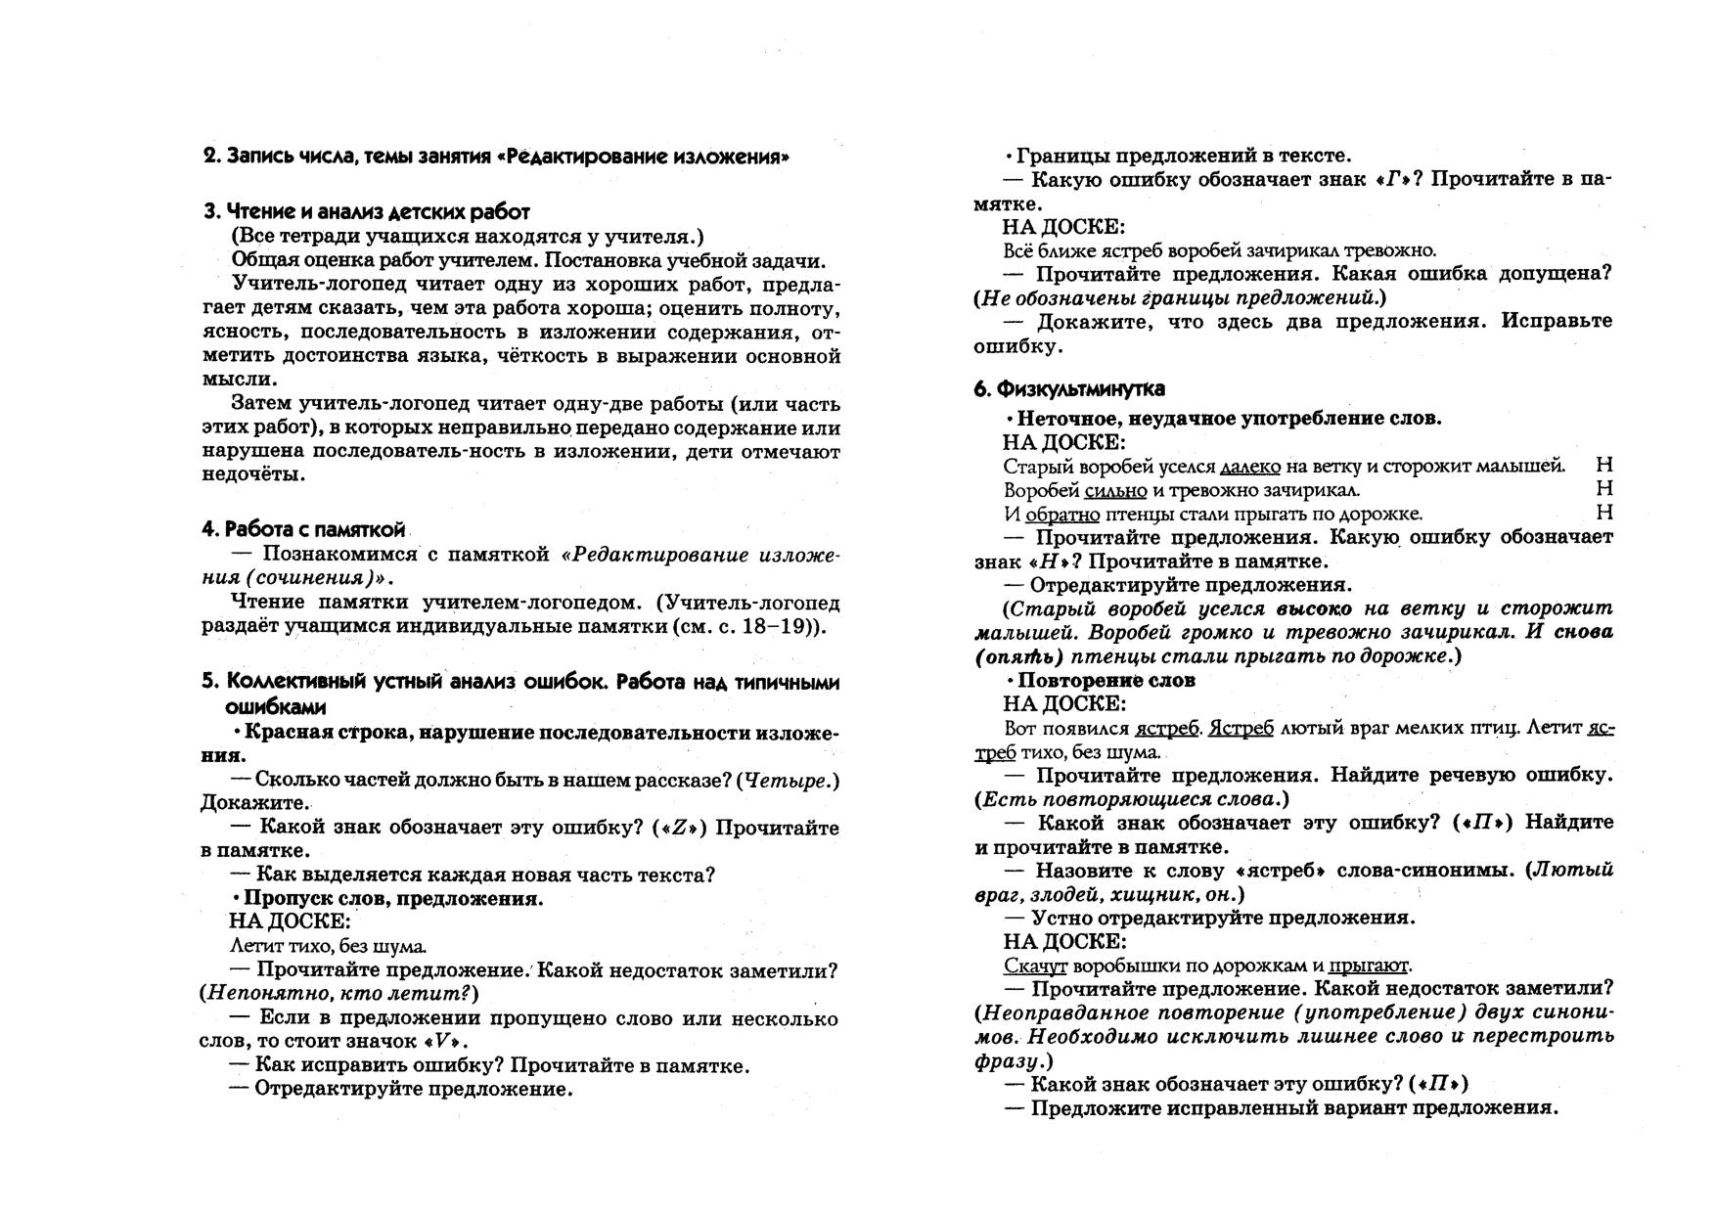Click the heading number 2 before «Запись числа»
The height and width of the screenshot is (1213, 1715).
(209, 157)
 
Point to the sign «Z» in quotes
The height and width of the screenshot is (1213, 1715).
(682, 828)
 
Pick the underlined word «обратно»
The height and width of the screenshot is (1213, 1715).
(1062, 515)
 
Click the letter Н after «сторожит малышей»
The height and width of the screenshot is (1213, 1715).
(1603, 466)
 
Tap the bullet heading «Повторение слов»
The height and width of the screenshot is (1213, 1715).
(1106, 680)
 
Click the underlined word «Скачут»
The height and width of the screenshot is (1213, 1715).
(1035, 966)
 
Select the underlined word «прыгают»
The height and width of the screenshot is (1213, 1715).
(1369, 966)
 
